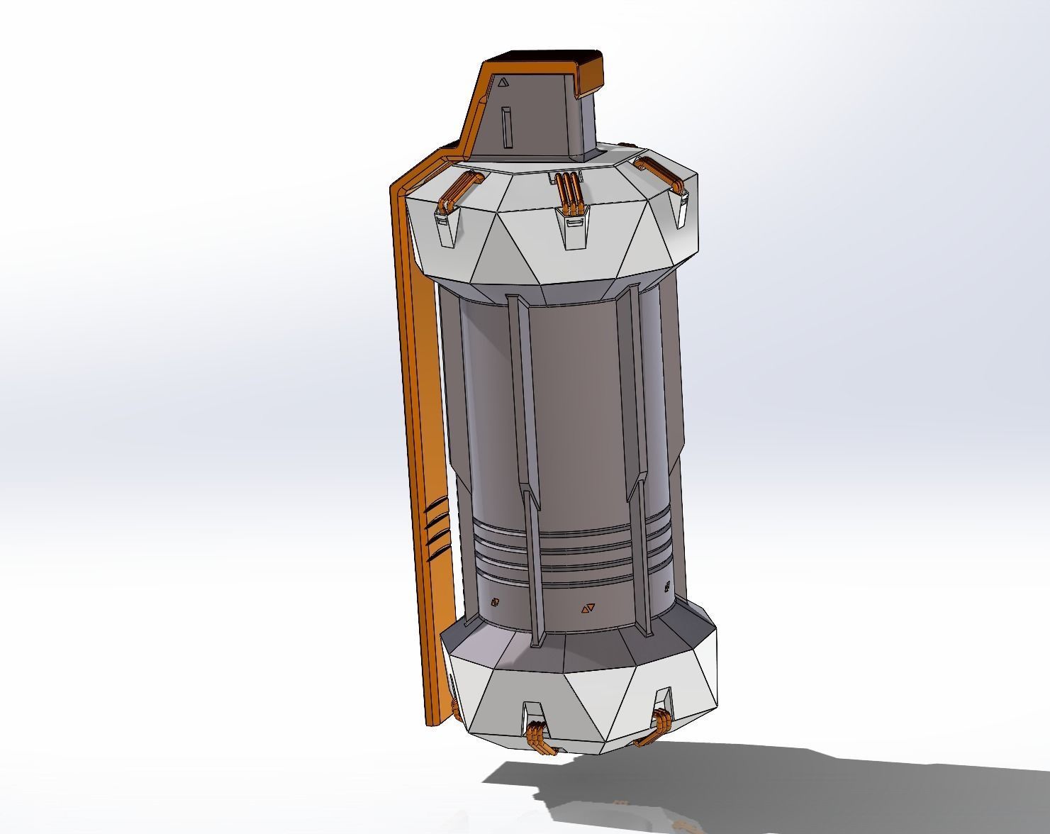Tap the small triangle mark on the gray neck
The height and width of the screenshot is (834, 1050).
(x=503, y=82)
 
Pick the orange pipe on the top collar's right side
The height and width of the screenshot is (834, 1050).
(x=659, y=174)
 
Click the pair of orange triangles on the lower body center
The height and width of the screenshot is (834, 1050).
(x=587, y=608)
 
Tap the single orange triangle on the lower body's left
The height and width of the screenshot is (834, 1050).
(x=495, y=602)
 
